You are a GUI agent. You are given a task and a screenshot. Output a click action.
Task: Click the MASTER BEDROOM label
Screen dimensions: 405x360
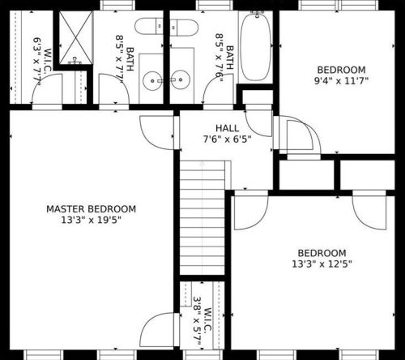(x=92, y=209)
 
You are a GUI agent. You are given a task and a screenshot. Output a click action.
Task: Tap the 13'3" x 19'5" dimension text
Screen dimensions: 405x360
(x=92, y=220)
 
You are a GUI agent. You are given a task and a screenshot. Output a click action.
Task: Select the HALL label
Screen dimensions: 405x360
(x=228, y=128)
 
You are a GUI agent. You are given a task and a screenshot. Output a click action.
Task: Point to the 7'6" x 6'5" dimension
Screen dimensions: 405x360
(x=228, y=139)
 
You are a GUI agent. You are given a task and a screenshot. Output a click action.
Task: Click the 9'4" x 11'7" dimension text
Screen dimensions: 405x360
(x=342, y=80)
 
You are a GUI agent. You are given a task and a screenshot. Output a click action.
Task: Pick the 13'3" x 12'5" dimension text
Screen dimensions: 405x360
(x=322, y=264)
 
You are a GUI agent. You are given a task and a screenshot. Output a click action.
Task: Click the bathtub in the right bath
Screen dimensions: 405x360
(x=255, y=46)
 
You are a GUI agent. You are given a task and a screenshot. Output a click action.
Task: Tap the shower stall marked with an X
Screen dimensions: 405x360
(x=76, y=37)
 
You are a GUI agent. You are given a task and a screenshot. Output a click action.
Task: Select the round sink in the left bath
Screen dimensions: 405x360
(x=153, y=80)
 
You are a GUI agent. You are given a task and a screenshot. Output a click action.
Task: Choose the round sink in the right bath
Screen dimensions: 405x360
(x=181, y=79)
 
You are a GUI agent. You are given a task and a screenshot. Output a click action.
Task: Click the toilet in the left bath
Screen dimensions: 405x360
(x=149, y=26)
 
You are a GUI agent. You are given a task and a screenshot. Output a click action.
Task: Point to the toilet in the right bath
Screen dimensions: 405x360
(x=184, y=28)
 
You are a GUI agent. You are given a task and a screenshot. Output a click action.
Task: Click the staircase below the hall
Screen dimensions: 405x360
(x=202, y=218)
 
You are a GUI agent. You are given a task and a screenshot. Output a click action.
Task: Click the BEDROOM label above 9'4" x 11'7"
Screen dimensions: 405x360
(x=342, y=70)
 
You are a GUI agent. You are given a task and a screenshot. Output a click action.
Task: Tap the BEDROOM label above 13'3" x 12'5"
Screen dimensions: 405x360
(x=322, y=253)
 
